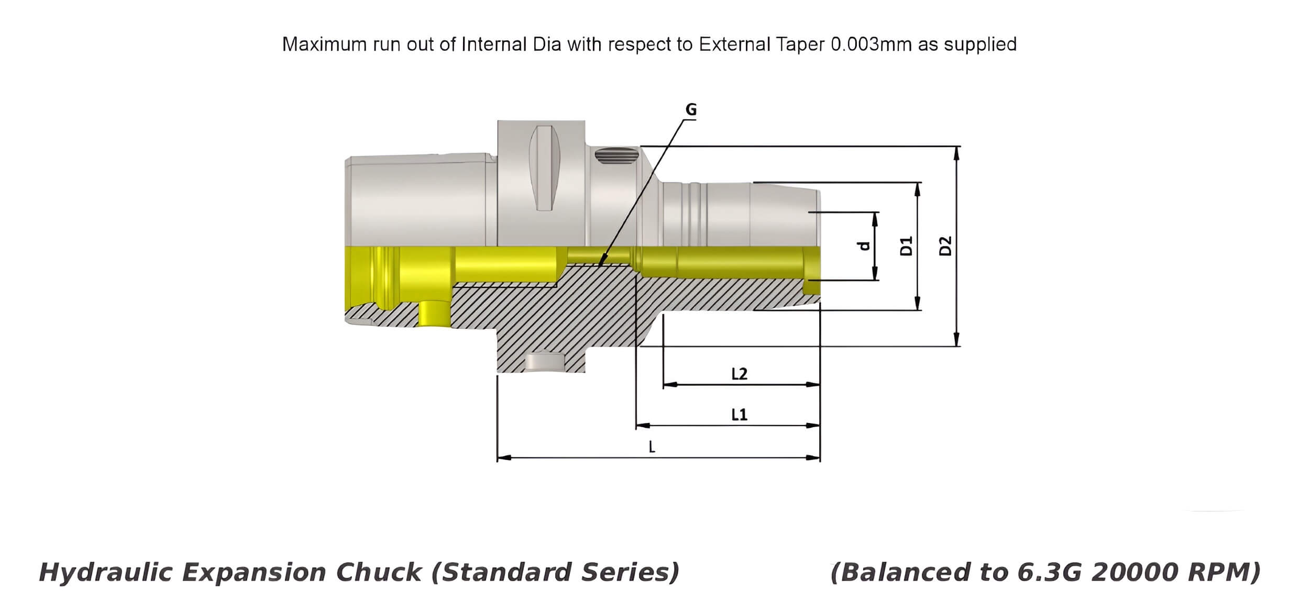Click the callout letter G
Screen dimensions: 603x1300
tap(691, 109)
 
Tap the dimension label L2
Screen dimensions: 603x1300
tap(739, 374)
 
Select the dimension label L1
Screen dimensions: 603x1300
tap(739, 415)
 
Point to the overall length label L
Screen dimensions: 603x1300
tap(652, 447)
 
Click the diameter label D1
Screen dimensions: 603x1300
tap(906, 245)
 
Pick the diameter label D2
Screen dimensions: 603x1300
tap(945, 245)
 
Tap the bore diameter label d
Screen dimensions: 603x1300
tap(864, 245)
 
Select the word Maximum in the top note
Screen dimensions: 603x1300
tap(324, 44)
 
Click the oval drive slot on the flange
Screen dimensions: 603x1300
tap(544, 168)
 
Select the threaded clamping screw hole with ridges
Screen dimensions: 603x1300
tap(616, 155)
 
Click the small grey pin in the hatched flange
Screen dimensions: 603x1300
tap(544, 362)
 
